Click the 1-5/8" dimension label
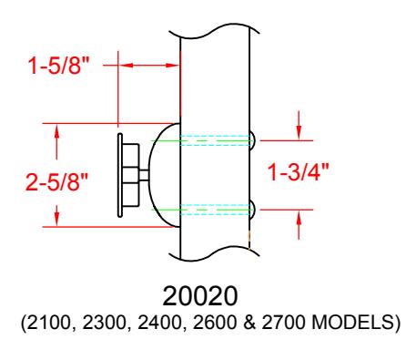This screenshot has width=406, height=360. pyautogui.click(x=59, y=66)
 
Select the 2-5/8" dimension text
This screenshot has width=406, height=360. pyautogui.click(x=56, y=182)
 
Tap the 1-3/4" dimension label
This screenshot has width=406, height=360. pyautogui.click(x=298, y=172)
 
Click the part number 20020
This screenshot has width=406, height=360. pyautogui.click(x=200, y=296)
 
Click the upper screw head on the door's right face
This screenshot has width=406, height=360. pyautogui.click(x=252, y=140)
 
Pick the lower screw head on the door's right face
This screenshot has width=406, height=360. pyautogui.click(x=252, y=210)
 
